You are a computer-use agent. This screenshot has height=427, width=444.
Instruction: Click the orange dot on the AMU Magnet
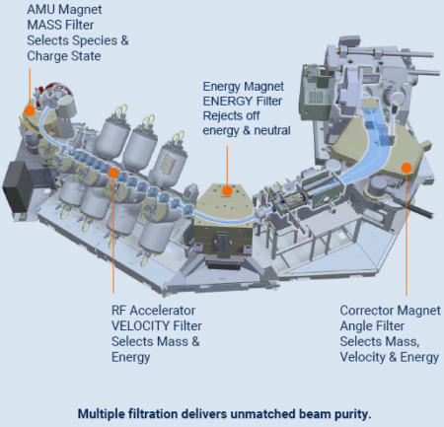click(x=30, y=111)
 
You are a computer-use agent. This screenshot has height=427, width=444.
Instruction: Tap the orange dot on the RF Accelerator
click(x=113, y=173)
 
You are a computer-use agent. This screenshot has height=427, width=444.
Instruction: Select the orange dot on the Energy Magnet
click(x=227, y=190)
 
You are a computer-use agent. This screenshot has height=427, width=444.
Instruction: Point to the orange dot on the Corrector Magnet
click(x=407, y=168)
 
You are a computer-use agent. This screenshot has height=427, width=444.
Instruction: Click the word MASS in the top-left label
click(x=44, y=25)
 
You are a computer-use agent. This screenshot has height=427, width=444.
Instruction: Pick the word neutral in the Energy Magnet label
click(x=272, y=130)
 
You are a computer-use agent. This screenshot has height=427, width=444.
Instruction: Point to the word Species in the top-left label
click(x=95, y=40)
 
